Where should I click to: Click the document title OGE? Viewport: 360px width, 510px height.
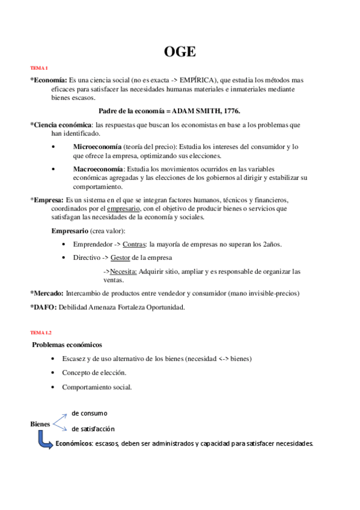(x=180, y=52)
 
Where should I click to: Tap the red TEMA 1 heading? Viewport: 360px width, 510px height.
(x=39, y=68)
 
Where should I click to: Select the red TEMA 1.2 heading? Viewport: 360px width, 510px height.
(x=41, y=332)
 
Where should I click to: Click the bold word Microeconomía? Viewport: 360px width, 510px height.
(x=97, y=147)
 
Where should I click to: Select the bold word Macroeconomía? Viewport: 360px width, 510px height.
(x=98, y=169)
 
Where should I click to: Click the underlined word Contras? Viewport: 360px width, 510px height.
(x=133, y=244)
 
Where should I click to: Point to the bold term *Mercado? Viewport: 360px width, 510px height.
(x=47, y=293)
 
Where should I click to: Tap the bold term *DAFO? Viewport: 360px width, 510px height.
(x=43, y=307)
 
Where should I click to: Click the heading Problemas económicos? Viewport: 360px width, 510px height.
(x=67, y=345)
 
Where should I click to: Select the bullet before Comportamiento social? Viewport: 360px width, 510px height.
(x=54, y=387)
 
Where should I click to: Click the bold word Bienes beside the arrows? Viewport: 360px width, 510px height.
(x=40, y=424)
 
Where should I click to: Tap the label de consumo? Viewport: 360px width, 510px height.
(x=89, y=413)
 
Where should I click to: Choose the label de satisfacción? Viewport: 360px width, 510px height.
(x=93, y=429)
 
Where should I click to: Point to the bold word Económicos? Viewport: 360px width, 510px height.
(x=73, y=444)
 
